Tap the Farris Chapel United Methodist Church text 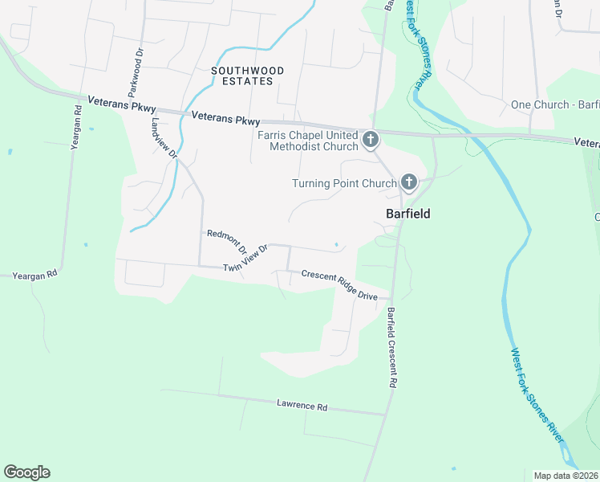[308, 141]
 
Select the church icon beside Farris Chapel [371, 141]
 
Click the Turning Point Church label [344, 183]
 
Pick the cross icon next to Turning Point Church [409, 183]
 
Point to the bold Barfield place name [408, 214]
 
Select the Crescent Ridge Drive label [339, 285]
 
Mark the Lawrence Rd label [302, 406]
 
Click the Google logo [26, 472]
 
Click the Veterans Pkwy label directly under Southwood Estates [226, 119]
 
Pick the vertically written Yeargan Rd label [76, 128]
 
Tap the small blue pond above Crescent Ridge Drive [336, 244]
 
